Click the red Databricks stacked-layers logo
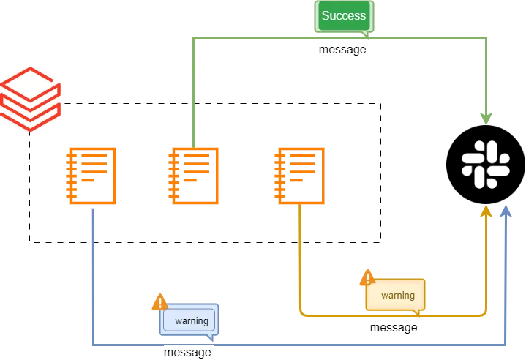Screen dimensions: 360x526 pyautogui.click(x=32, y=99)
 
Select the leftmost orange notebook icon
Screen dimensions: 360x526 pyautogui.click(x=91, y=175)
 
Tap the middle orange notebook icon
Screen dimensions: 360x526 pyautogui.click(x=195, y=175)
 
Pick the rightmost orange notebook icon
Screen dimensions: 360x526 pyautogui.click(x=299, y=175)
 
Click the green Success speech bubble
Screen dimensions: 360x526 pyautogui.click(x=344, y=17)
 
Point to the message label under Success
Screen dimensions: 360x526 pyautogui.click(x=345, y=49)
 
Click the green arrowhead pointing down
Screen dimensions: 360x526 pyautogui.click(x=486, y=117)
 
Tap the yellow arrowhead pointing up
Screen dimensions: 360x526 pyautogui.click(x=486, y=212)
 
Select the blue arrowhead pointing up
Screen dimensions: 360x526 pyautogui.click(x=506, y=212)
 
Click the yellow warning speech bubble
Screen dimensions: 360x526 pyautogui.click(x=396, y=295)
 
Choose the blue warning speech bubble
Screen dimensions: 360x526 pyautogui.click(x=189, y=320)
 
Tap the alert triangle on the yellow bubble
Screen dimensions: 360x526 pyautogui.click(x=368, y=278)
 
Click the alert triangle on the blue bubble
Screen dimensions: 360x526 pyautogui.click(x=159, y=302)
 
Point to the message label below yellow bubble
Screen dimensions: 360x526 pyautogui.click(x=394, y=328)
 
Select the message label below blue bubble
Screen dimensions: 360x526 pyautogui.click(x=188, y=353)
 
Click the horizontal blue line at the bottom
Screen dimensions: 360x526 pyautogui.click(x=329, y=343)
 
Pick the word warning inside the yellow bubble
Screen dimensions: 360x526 pyautogui.click(x=397, y=296)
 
